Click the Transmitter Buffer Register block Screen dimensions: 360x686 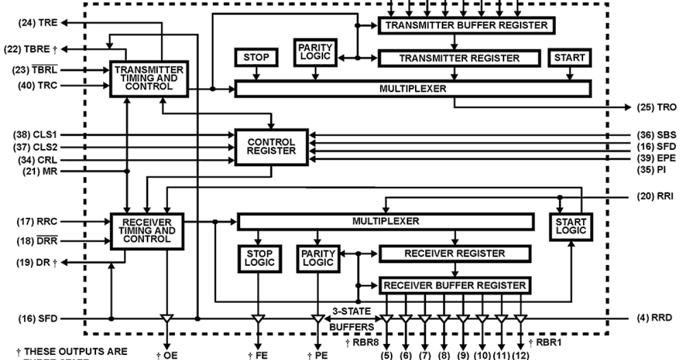pyautogui.click(x=467, y=25)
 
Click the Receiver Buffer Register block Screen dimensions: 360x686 pyautogui.click(x=454, y=285)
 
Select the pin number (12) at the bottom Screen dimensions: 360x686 pyautogui.click(x=520, y=355)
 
